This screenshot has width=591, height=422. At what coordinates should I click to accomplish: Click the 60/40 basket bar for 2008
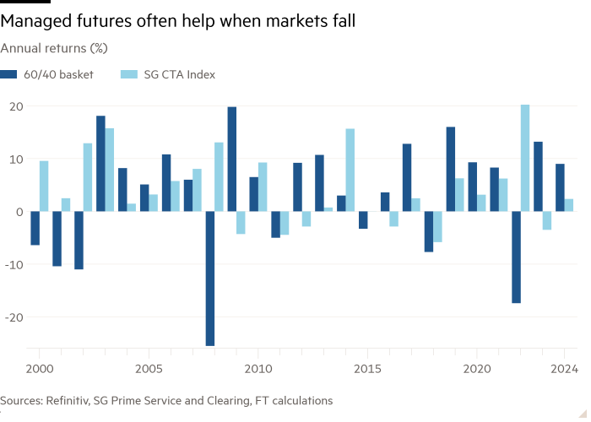pyautogui.click(x=209, y=279)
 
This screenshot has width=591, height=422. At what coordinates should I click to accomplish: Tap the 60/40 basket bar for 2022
pyautogui.click(x=515, y=257)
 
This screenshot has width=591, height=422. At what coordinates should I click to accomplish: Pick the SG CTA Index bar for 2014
pyautogui.click(x=350, y=170)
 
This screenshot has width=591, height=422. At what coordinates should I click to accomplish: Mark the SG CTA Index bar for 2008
pyautogui.click(x=220, y=176)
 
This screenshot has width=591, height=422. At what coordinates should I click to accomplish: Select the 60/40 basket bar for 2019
pyautogui.click(x=450, y=169)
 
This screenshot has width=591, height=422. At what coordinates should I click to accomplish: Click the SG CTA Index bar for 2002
pyautogui.click(x=88, y=177)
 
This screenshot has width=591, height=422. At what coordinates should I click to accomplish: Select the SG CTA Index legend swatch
pyautogui.click(x=128, y=74)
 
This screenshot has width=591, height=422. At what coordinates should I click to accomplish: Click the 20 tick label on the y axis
pyautogui.click(x=15, y=106)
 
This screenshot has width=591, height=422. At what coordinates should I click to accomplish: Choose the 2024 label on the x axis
pyautogui.click(x=563, y=369)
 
